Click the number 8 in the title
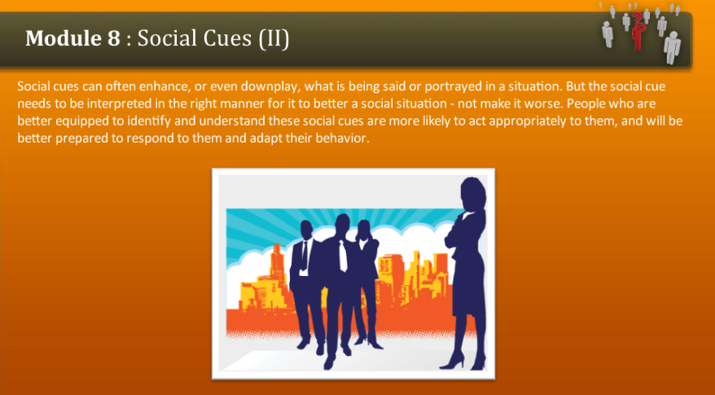click(115, 38)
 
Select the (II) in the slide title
click(274, 38)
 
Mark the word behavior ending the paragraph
click(344, 138)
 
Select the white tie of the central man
click(343, 256)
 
